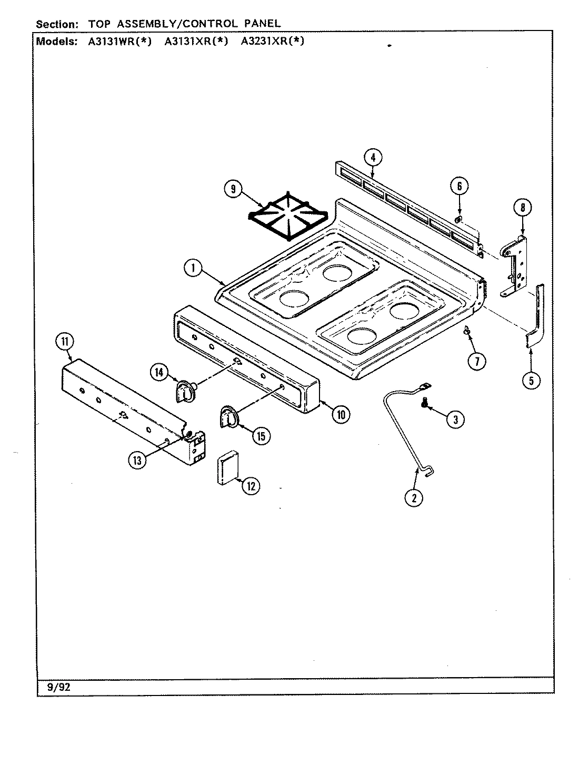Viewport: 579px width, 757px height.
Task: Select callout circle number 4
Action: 373,157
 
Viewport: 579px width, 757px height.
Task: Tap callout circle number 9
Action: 233,189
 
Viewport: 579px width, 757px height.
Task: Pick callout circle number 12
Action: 251,486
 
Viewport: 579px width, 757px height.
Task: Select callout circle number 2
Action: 414,497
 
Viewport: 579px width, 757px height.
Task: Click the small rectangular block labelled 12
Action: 226,469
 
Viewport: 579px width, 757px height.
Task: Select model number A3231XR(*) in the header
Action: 272,42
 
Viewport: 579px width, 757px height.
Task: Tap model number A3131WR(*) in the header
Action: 119,42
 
